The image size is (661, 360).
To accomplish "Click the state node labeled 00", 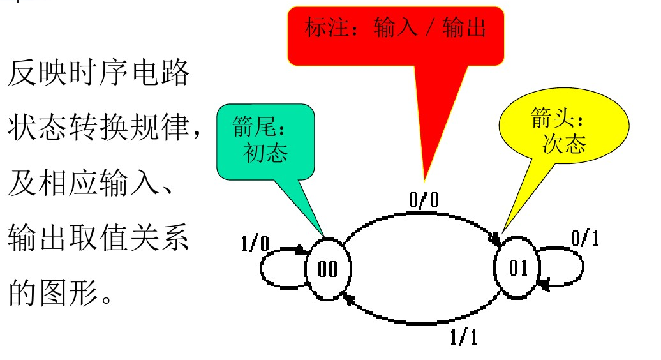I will point(327,269).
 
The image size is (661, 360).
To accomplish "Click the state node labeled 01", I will point(518,269).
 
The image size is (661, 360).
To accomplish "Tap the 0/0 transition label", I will point(424,200).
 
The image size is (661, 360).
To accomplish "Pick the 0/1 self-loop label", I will point(585,238).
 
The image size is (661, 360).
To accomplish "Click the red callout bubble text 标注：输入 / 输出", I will point(396,28).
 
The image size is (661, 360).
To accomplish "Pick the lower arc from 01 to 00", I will point(421,317).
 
